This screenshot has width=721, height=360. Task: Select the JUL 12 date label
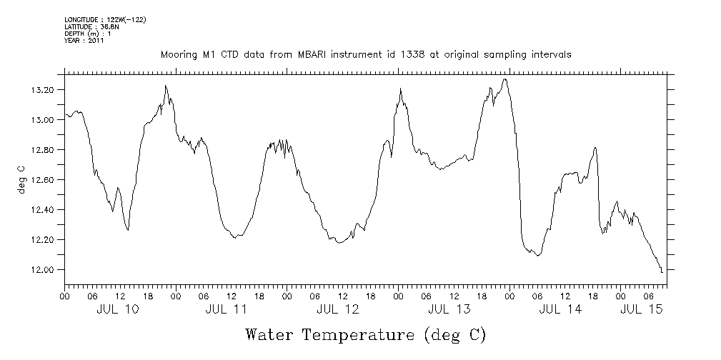point(337,309)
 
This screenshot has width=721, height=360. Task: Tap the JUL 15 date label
point(641,309)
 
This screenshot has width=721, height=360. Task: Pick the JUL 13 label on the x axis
point(449,309)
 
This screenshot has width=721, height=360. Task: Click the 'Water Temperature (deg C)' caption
point(365,334)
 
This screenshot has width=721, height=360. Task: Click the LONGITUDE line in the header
point(105,19)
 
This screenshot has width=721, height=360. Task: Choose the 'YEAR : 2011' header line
point(84,41)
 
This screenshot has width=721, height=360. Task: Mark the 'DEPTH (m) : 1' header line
point(87,34)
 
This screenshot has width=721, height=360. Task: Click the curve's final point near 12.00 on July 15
point(662,271)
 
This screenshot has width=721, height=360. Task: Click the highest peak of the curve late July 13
point(505,79)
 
